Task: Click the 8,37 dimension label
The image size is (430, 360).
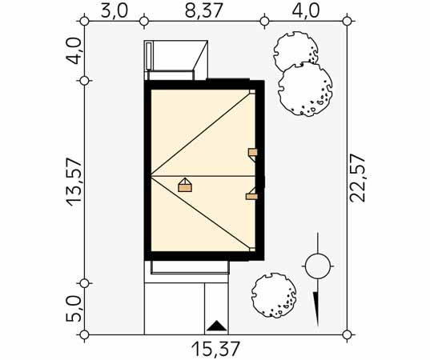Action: [x=203, y=11]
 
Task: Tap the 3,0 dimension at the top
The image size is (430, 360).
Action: [x=115, y=11]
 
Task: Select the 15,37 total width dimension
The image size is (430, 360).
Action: [x=216, y=349]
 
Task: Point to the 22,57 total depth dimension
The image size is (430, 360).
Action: [x=358, y=178]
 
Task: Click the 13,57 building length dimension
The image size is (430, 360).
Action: [x=74, y=182]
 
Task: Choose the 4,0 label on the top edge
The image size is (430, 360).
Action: [x=306, y=11]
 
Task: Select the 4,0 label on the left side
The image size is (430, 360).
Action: [x=74, y=51]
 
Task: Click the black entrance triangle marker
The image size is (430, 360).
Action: [x=217, y=326]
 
